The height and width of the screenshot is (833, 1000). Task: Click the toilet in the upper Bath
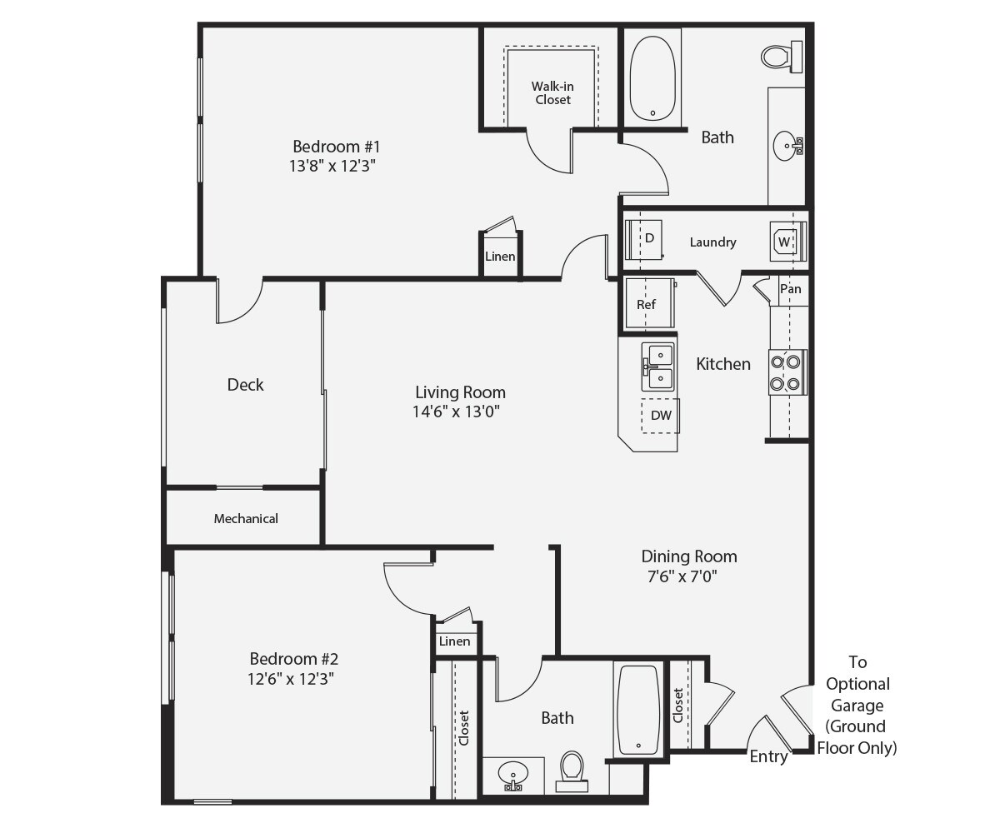781,57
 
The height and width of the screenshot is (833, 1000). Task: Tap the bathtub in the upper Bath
652,79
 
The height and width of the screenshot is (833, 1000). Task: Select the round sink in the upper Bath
786,147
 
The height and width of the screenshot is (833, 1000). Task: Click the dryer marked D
644,239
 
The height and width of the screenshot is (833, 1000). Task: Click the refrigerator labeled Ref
647,305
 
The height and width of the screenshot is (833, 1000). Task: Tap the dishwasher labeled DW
660,415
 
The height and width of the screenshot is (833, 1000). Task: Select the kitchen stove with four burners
786,372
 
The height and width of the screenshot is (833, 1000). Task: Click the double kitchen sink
657,367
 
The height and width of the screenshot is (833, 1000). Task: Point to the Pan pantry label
791,289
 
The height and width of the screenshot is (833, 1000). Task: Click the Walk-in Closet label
552,92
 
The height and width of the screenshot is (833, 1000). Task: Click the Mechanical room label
246,518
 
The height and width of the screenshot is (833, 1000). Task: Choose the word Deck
245,384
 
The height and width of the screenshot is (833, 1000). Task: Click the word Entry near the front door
767,756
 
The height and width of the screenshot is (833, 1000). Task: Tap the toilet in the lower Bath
572,771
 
